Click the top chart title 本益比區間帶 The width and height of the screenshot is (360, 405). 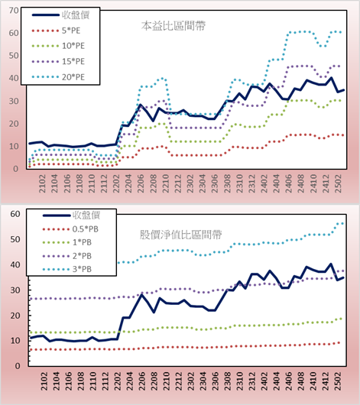click(x=174, y=26)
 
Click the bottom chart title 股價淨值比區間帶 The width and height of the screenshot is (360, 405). click(x=180, y=235)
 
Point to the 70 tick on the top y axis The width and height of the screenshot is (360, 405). click(x=14, y=11)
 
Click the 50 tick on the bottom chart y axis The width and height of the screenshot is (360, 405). click(x=15, y=239)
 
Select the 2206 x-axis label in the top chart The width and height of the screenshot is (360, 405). click(x=141, y=183)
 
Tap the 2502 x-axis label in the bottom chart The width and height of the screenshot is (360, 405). click(x=339, y=381)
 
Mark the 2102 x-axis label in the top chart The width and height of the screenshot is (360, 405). click(x=42, y=183)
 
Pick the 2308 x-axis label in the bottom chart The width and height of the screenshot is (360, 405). click(x=228, y=381)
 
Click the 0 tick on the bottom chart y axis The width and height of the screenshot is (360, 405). click(x=18, y=366)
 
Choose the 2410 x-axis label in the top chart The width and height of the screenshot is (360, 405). click(x=313, y=183)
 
